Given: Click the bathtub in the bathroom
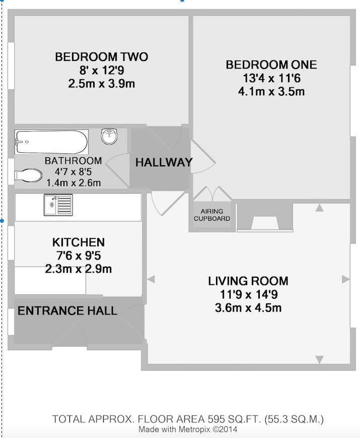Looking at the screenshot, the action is pyautogui.click(x=52, y=142).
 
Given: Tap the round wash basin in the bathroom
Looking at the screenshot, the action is pyautogui.click(x=109, y=136).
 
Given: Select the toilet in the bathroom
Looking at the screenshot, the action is pyautogui.click(x=28, y=175).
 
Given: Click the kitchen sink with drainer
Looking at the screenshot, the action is pyautogui.click(x=58, y=205).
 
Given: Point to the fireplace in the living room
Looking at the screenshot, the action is pyautogui.click(x=264, y=217).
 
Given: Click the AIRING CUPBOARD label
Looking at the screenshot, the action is pyautogui.click(x=212, y=215).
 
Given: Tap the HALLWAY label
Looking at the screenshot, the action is pyautogui.click(x=164, y=162).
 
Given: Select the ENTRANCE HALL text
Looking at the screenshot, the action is pyautogui.click(x=67, y=310).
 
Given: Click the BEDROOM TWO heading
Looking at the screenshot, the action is pyautogui.click(x=102, y=57).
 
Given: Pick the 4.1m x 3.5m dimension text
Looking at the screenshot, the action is pyautogui.click(x=271, y=91).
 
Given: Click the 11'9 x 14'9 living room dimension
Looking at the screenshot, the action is pyautogui.click(x=248, y=294).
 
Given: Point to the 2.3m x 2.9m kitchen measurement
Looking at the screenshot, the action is pyautogui.click(x=79, y=269).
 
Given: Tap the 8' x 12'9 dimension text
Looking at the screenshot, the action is pyautogui.click(x=102, y=70).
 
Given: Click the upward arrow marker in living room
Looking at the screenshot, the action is pyautogui.click(x=320, y=208).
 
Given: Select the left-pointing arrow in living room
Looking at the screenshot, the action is pyautogui.click(x=151, y=279).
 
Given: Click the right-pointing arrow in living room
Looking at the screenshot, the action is pyautogui.click(x=346, y=279).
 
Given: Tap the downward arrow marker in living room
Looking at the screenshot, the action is pyautogui.click(x=320, y=359).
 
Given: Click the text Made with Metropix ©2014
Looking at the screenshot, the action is pyautogui.click(x=188, y=429).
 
